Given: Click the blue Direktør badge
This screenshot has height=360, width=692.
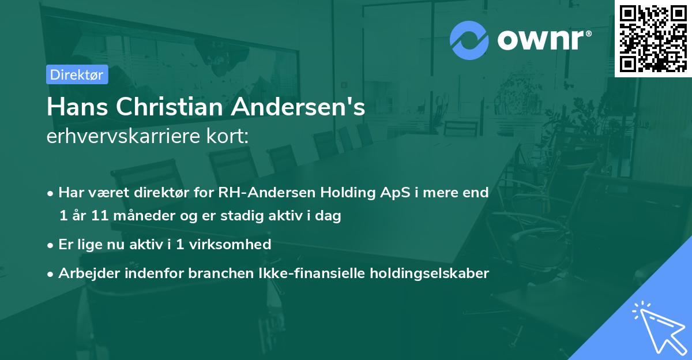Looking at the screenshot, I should point(77,74).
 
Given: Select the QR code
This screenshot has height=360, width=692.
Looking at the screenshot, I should point(653,38).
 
